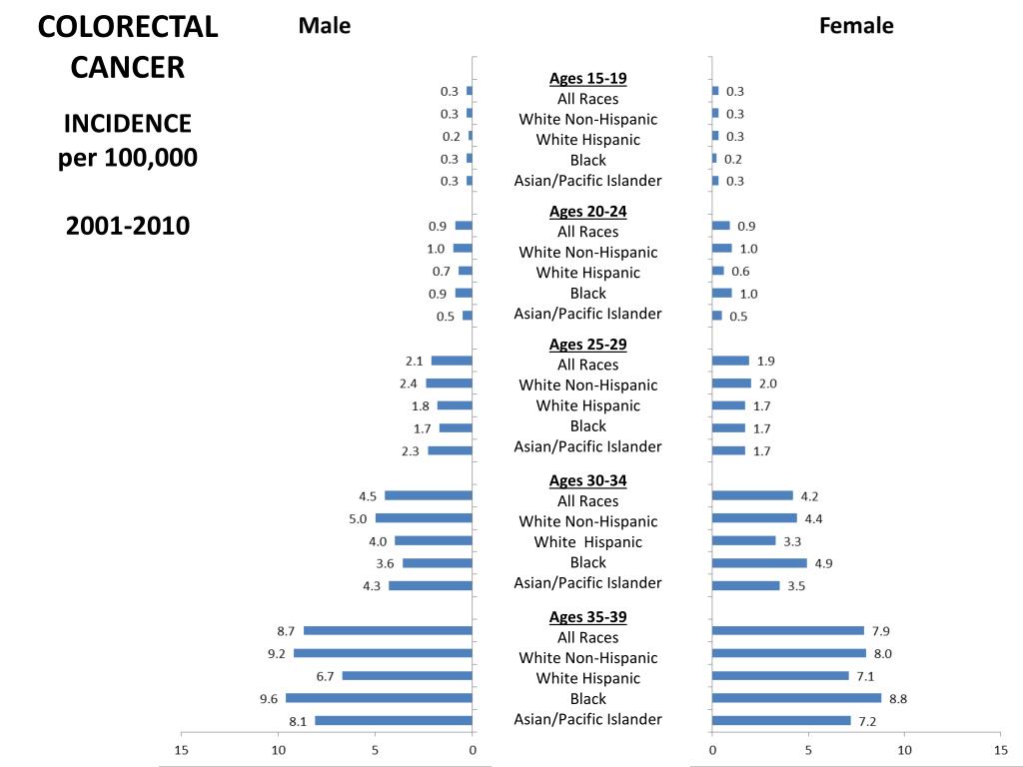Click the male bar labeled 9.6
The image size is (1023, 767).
coord(379,698)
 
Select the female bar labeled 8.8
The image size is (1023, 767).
coord(797,698)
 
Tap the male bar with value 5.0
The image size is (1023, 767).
coord(424,518)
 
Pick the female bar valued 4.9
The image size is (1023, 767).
coord(759,563)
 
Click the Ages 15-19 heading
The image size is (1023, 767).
coord(588,78)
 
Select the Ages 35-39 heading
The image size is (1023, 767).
coord(588,616)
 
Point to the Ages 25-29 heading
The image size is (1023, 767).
coord(588,344)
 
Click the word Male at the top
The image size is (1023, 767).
coord(325,26)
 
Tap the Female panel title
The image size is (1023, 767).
coord(856,26)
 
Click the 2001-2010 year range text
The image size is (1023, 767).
coord(128,226)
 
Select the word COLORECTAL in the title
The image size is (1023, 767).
coord(128,28)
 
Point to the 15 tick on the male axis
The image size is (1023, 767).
coord(181,750)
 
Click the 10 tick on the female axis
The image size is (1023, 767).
coord(904,750)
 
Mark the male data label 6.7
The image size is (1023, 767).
coord(325,676)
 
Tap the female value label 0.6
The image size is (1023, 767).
coord(740,272)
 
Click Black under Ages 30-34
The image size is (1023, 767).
coord(588,562)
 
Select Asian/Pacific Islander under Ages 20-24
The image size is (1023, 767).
coord(588,314)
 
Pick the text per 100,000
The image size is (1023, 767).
coord(128,158)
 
